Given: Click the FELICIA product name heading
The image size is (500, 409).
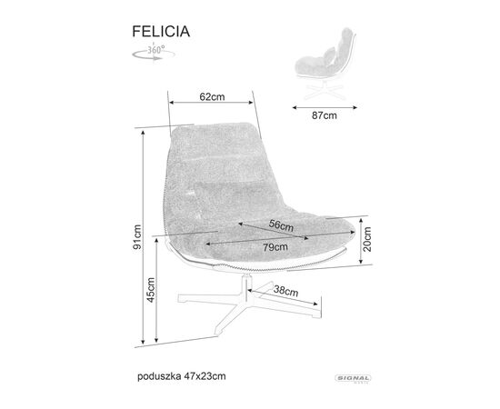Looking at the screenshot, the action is [161, 32].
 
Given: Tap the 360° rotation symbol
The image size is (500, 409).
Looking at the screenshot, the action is [154, 53].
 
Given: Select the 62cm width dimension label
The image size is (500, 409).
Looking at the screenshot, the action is [212, 96].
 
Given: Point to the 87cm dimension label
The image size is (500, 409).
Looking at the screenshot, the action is [325, 115].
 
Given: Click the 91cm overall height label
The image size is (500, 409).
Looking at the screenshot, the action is [137, 237].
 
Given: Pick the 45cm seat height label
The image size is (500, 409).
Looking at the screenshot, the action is [151, 290].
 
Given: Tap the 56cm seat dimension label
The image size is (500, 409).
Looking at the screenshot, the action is [281, 225].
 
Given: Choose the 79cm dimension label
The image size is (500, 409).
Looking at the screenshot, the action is [275, 247].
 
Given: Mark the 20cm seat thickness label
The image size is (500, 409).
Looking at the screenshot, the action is [367, 239].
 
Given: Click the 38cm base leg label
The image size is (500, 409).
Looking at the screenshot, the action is [286, 291].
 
